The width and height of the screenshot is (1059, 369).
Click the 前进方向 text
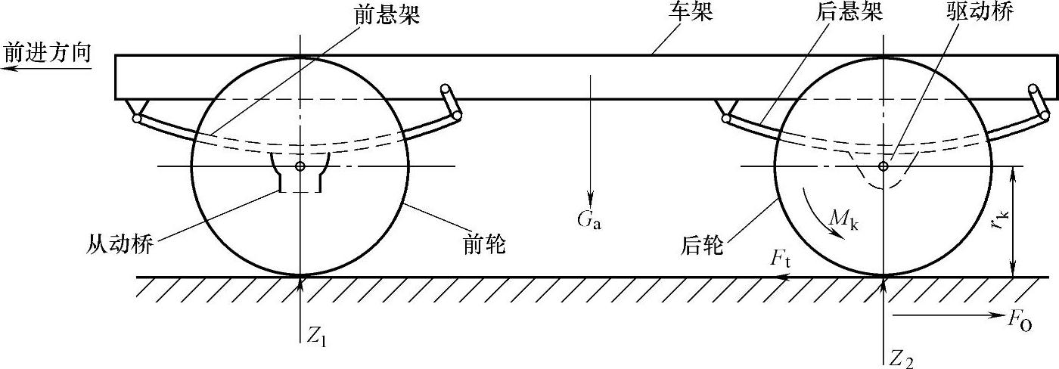point(47,53)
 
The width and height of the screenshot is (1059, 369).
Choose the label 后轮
point(703,245)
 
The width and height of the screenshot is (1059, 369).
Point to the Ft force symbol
point(779,259)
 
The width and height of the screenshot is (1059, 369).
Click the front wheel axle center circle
point(300,166)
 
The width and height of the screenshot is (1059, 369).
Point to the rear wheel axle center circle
point(883,166)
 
